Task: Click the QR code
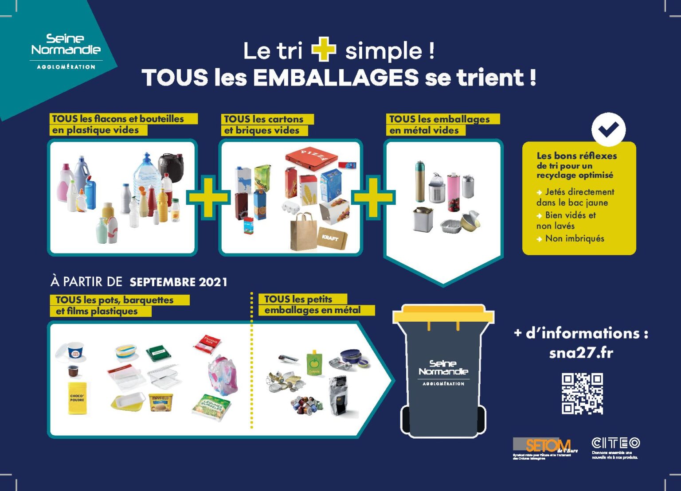pos(582,394)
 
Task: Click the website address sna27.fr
pos(581,353)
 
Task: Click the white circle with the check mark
pos(608,129)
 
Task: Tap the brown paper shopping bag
pos(303,232)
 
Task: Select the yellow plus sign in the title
pos(324,50)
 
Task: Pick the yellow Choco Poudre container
pos(78,398)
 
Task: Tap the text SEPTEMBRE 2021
pos(178,282)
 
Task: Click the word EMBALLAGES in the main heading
pos(336,78)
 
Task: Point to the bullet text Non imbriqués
pos(574,238)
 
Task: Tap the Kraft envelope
pos(332,238)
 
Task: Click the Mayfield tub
pos(160,402)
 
